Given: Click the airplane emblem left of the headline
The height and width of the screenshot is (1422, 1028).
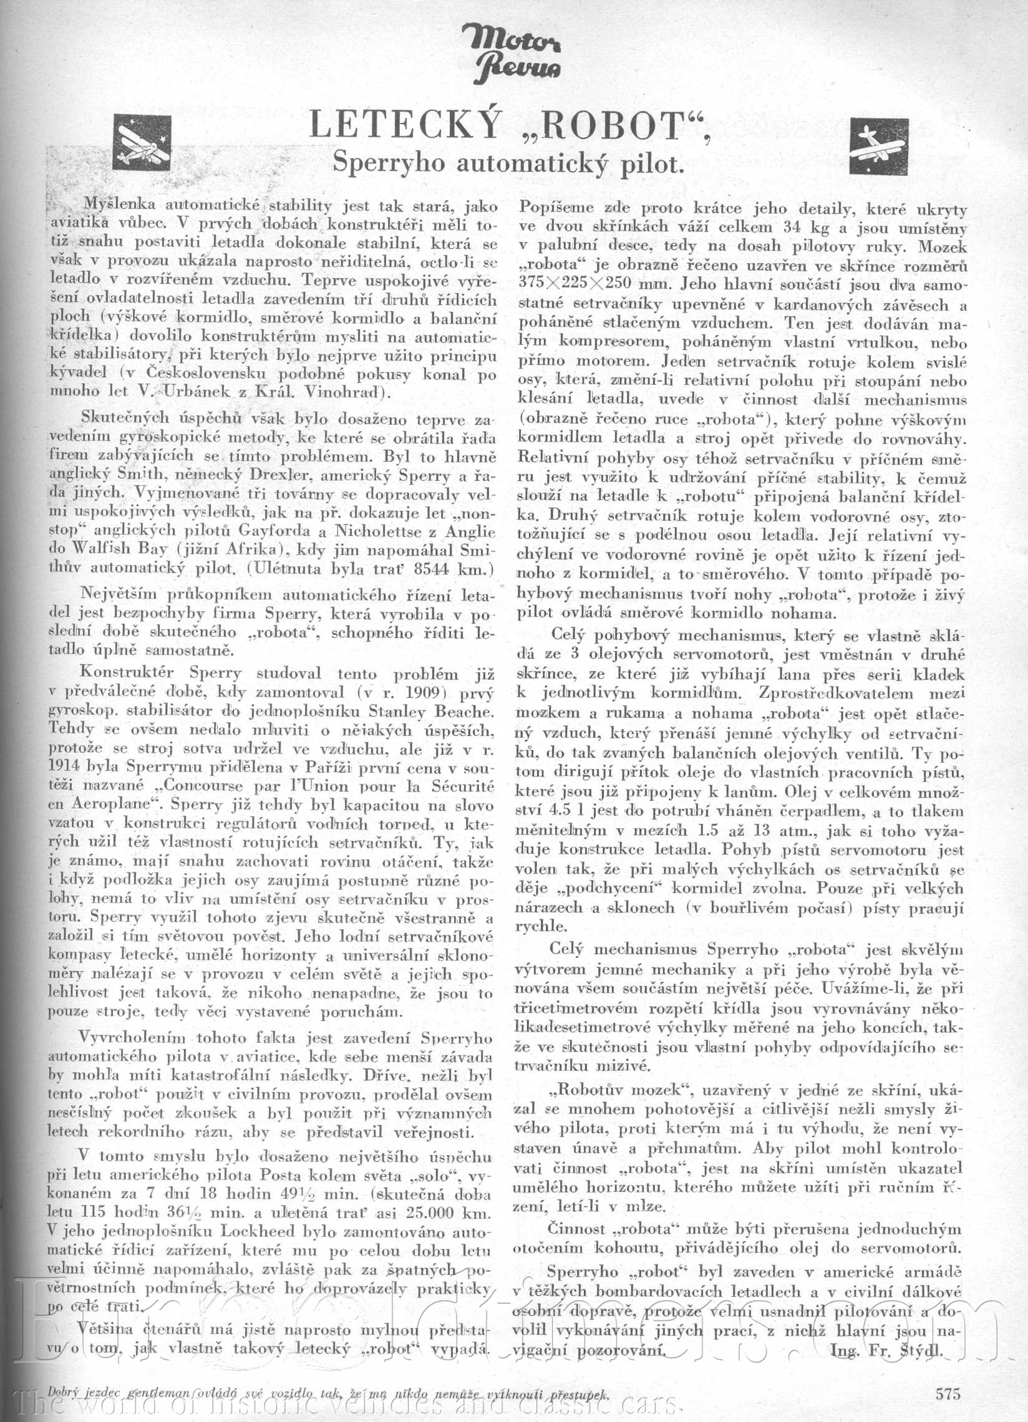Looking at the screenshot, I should tap(141, 143).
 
